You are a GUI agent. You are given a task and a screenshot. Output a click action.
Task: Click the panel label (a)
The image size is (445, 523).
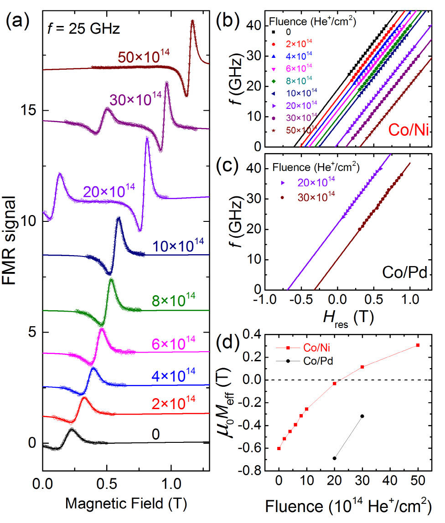point(18,21)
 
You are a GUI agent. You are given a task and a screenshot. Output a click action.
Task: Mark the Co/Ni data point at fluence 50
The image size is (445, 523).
point(418,345)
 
